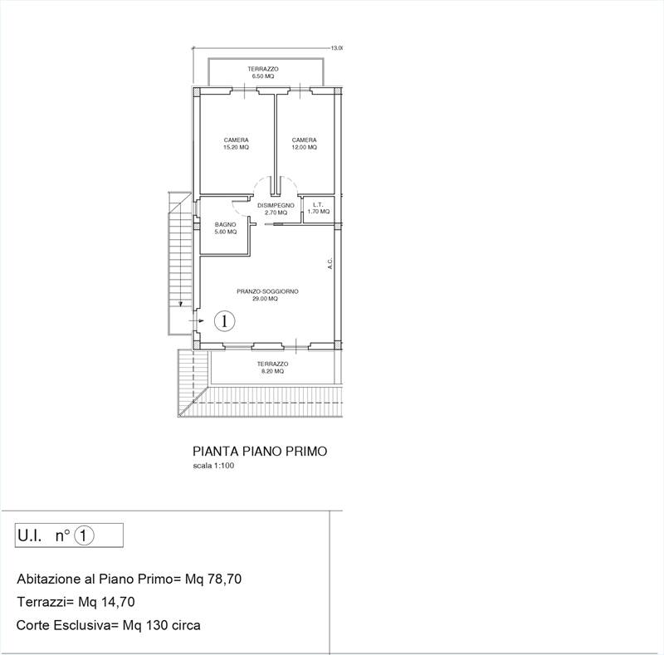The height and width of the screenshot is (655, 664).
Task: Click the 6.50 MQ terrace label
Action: coord(263,72)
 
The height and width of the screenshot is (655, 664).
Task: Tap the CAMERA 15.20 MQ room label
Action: coord(236,144)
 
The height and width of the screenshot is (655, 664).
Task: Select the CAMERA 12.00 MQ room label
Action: coord(304,144)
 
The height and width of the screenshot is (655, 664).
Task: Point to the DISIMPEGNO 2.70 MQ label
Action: coord(276,209)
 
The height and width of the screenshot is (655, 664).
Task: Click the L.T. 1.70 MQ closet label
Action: coord(319,208)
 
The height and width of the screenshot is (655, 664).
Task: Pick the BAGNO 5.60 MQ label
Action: coord(225,228)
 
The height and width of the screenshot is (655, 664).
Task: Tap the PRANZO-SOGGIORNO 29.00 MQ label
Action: coord(267,295)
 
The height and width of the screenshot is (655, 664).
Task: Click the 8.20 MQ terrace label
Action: coord(272,367)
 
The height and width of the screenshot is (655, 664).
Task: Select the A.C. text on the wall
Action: coord(330,263)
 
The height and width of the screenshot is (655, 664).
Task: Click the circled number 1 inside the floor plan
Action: coord(224,320)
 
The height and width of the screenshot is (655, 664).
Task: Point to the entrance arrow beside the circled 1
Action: coord(197,321)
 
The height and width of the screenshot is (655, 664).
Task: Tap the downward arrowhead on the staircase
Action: coord(181,303)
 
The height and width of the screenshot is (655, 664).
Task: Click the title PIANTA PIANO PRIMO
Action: coord(260,452)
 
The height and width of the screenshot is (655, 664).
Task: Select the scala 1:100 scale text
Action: coord(213,466)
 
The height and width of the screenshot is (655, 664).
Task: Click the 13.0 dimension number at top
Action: coord(337,48)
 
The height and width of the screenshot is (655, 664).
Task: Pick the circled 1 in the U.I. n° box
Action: coord(84,536)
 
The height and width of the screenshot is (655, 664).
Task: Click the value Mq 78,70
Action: coord(213,579)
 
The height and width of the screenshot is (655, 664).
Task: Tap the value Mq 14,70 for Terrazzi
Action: coord(106,602)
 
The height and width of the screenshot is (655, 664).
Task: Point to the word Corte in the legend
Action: coord(32,625)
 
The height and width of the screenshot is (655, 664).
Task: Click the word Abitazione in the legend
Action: coord(49,579)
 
